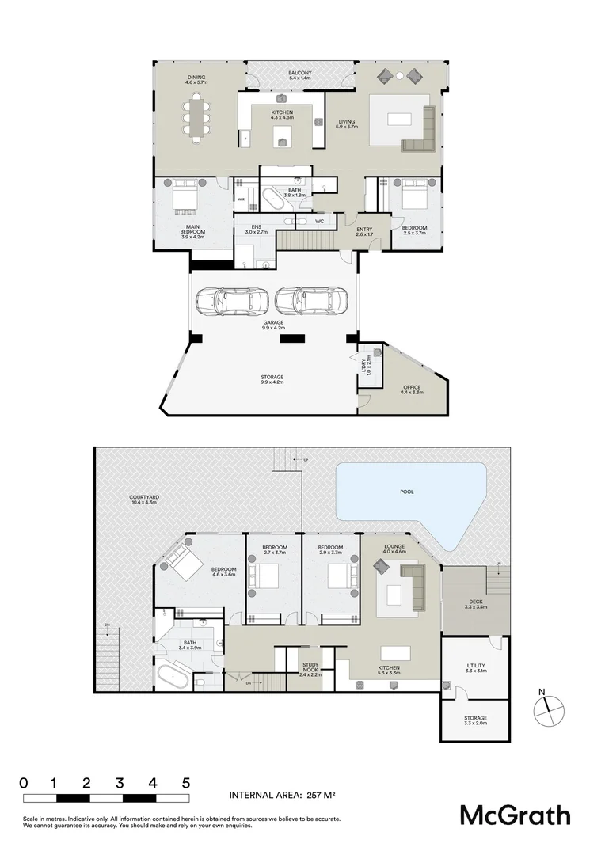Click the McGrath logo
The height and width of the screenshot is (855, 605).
pyautogui.click(x=516, y=815)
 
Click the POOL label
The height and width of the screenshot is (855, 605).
pyautogui.click(x=406, y=492)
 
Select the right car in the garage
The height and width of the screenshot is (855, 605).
pyautogui.click(x=303, y=300)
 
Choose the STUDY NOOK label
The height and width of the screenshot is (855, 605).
pyautogui.click(x=310, y=671)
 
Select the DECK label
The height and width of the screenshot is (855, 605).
pyautogui.click(x=475, y=605)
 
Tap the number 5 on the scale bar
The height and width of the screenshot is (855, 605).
pyautogui.click(x=186, y=783)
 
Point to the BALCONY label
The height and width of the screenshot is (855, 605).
pyautogui.click(x=300, y=74)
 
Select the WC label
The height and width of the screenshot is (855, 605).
pyautogui.click(x=319, y=222)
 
